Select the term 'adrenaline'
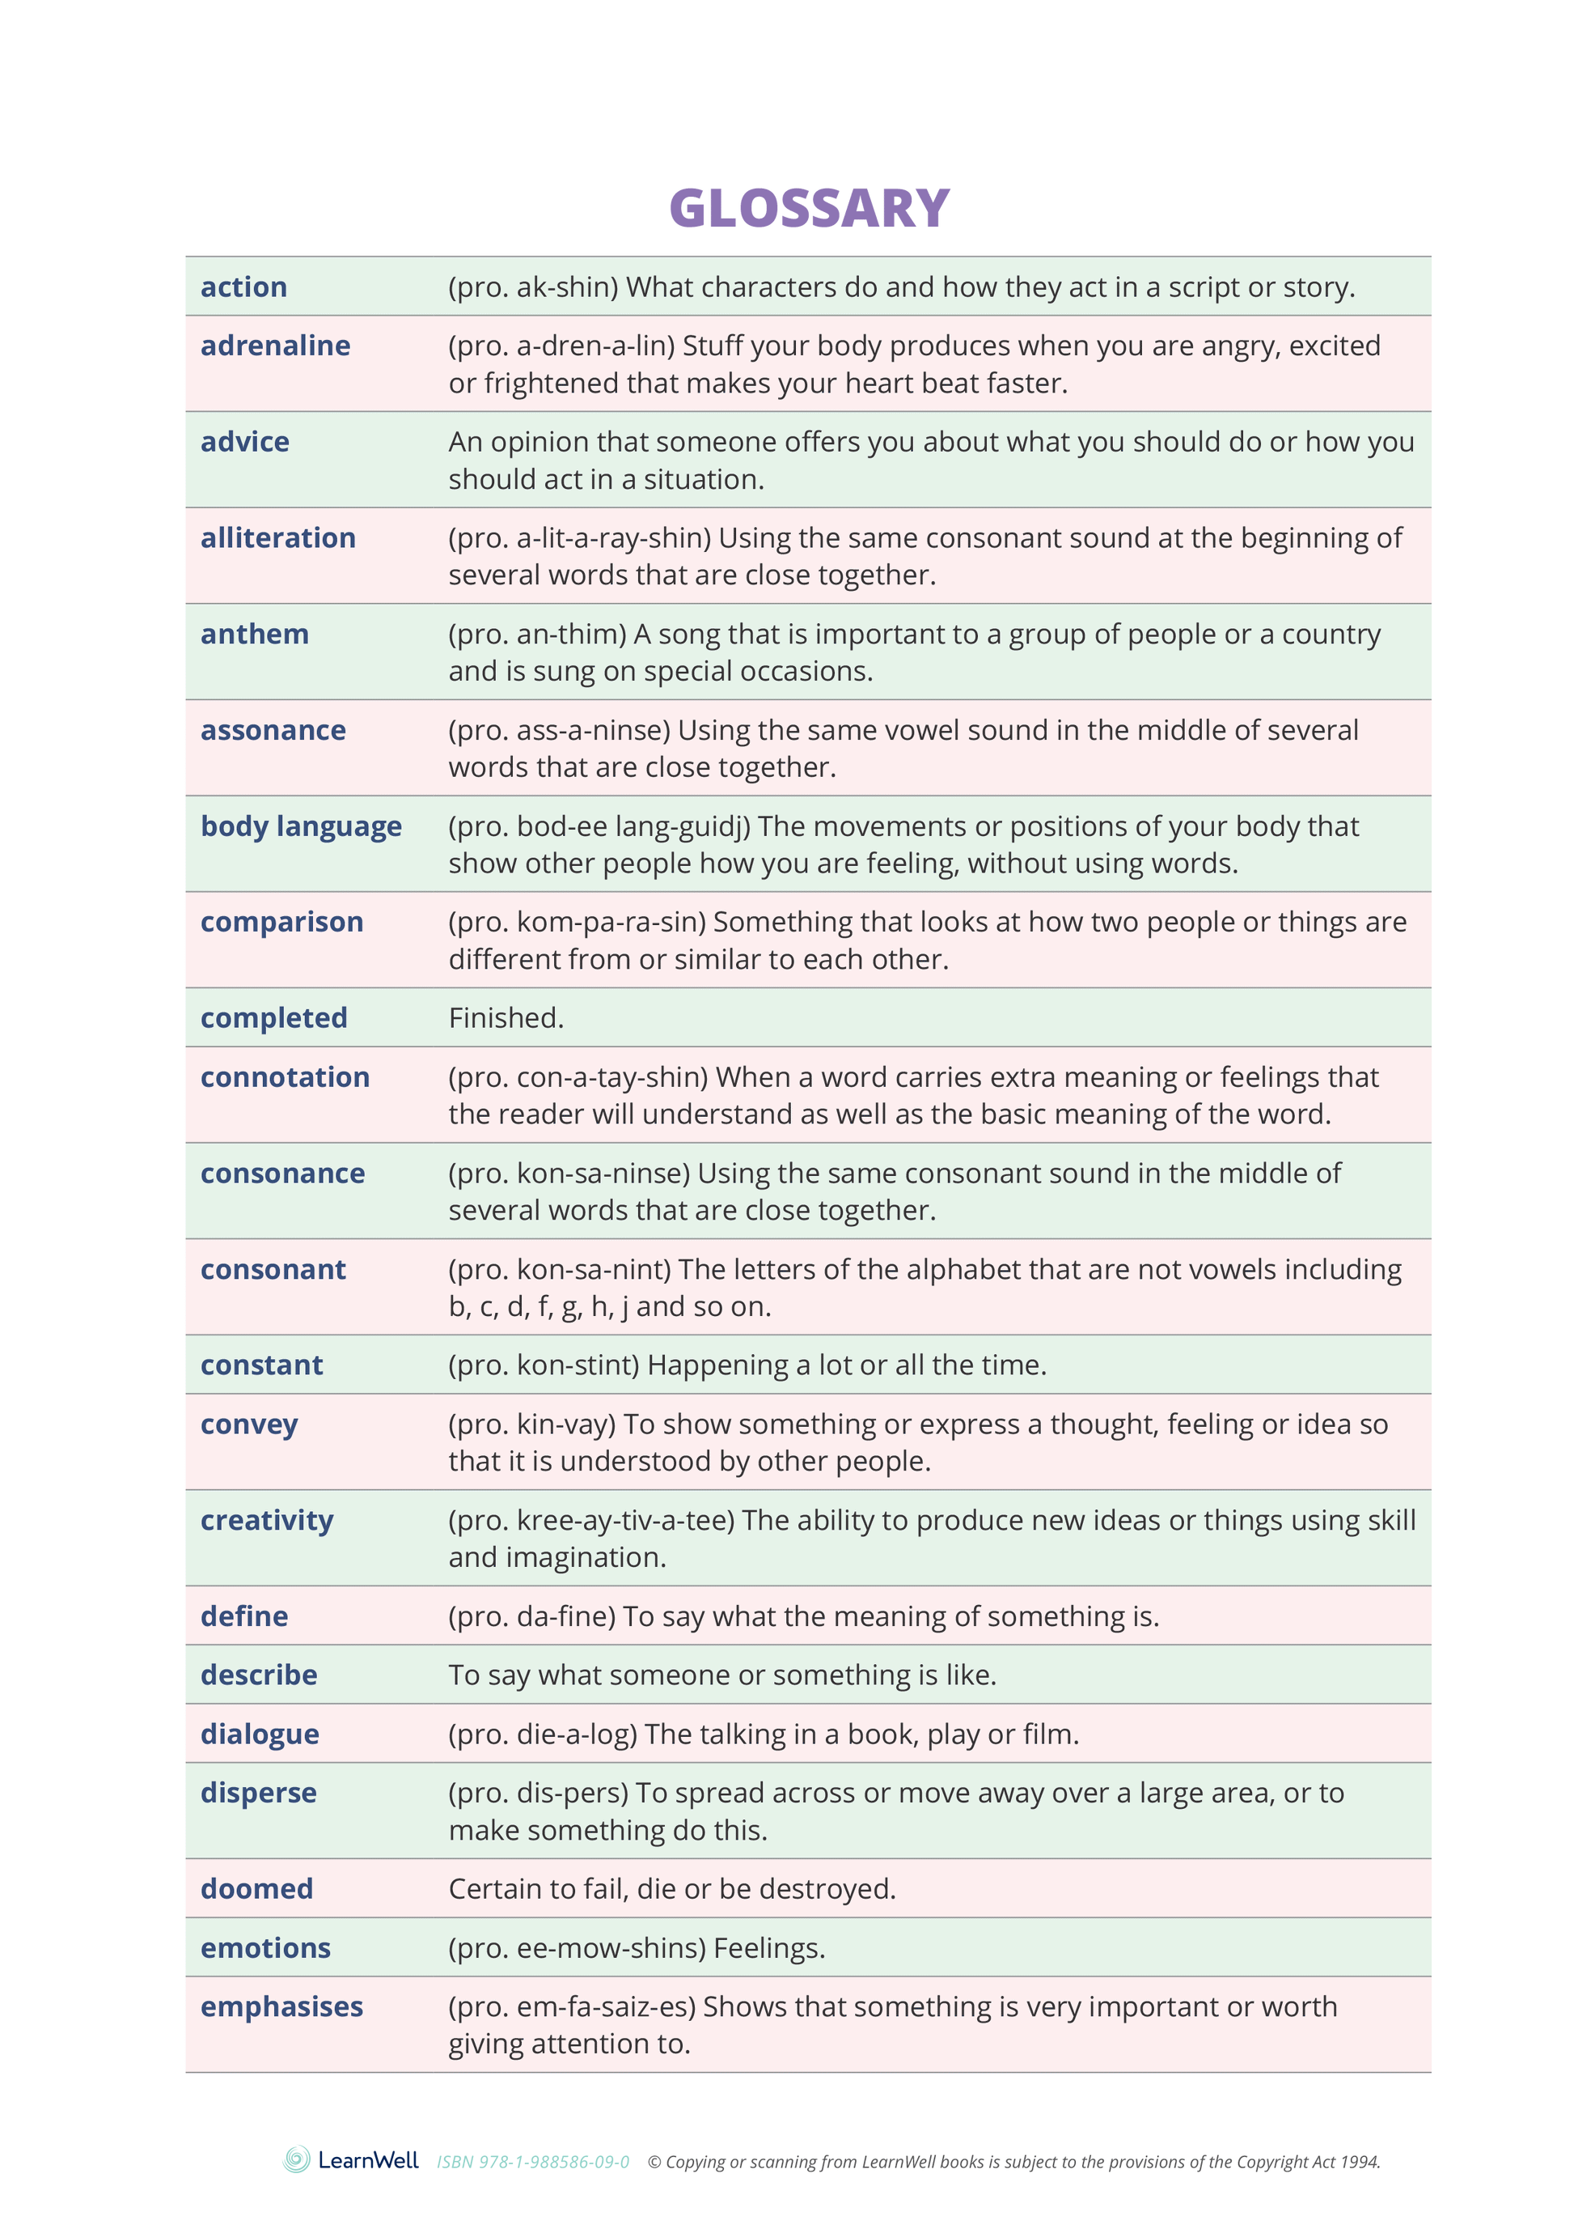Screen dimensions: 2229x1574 275,346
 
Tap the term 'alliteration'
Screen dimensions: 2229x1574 277,538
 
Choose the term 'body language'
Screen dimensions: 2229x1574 301,826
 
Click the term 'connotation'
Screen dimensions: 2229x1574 285,1076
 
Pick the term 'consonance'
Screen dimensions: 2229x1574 282,1173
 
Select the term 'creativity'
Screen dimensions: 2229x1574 267,1520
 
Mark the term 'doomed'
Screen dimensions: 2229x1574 256,1888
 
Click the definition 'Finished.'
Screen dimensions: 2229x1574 506,1017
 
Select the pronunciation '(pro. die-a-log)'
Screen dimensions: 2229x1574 543,1734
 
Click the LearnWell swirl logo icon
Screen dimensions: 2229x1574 297,2159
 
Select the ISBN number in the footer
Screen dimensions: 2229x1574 533,2162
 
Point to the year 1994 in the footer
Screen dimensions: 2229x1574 1360,2162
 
